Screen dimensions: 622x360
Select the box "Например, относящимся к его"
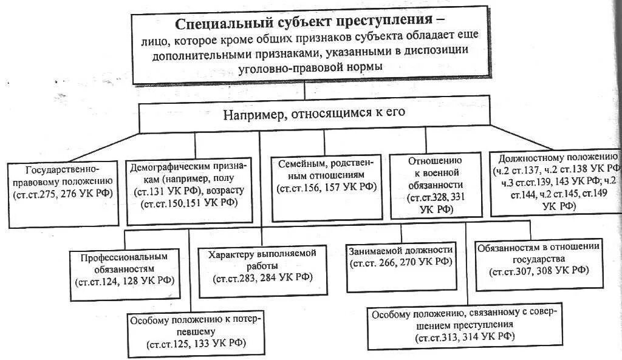[313, 113]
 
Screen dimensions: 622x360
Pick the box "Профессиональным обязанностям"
[125, 268]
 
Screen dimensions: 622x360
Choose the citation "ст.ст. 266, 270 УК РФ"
[400, 262]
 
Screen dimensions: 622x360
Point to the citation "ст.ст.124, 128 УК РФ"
[125, 281]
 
